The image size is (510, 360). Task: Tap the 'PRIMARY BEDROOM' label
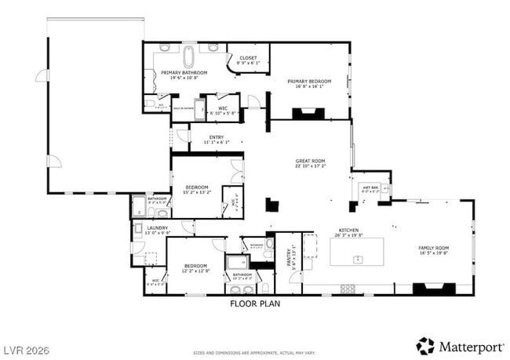click(x=308, y=82)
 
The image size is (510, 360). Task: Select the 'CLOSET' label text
click(x=248, y=57)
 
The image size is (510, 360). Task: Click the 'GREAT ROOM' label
click(x=311, y=161)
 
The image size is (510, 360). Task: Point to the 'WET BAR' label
click(x=370, y=188)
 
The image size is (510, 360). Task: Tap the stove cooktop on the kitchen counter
click(x=347, y=288)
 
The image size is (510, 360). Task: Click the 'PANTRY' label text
click(x=289, y=259)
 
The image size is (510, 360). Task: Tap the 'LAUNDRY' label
click(x=158, y=228)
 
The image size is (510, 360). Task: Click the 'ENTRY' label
click(x=216, y=137)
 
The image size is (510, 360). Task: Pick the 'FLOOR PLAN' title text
click(x=254, y=303)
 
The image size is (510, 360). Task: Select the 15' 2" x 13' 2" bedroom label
click(x=195, y=187)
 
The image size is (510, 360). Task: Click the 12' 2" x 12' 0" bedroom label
click(x=195, y=266)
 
